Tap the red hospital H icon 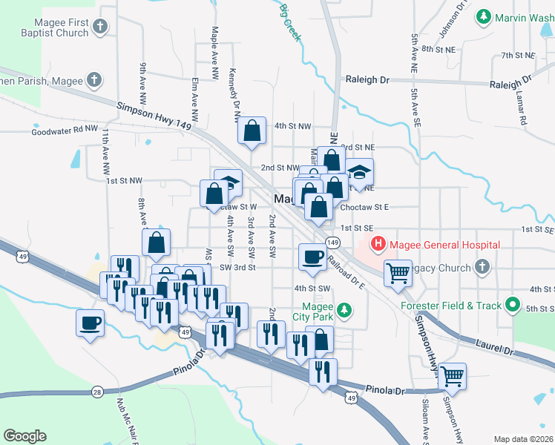pyautogui.click(x=378, y=243)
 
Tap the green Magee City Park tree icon pyautogui.click(x=344, y=309)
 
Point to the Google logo pyautogui.click(x=24, y=436)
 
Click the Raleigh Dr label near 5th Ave pyautogui.click(x=367, y=79)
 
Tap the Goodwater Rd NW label pyautogui.click(x=65, y=131)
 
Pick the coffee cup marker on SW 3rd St pyautogui.click(x=312, y=256)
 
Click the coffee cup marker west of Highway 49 pyautogui.click(x=91, y=323)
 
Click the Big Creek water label pyautogui.click(x=290, y=22)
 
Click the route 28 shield pyautogui.click(x=97, y=392)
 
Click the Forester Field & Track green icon pyautogui.click(x=511, y=305)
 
